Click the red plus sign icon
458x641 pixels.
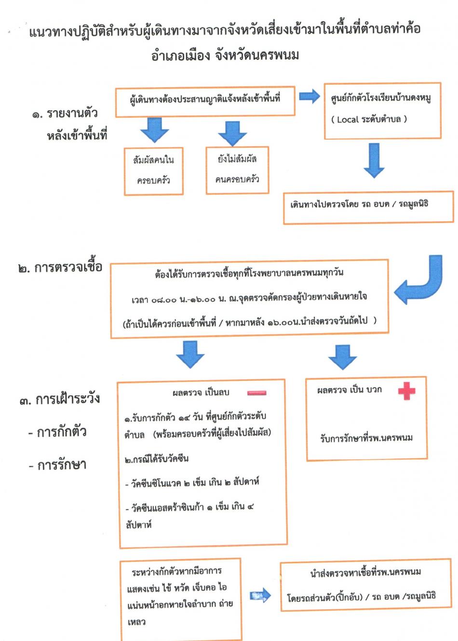click(x=406, y=391)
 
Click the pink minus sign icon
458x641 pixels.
click(x=256, y=393)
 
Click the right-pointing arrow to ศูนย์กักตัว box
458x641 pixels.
click(x=309, y=96)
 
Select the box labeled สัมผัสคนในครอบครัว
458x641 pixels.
click(x=153, y=171)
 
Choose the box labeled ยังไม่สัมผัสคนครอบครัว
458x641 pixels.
click(x=237, y=170)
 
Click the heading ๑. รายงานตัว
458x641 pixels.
click(x=65, y=114)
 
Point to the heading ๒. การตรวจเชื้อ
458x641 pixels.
click(x=61, y=267)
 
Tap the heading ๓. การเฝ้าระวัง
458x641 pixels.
click(x=60, y=399)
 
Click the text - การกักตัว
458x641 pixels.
click(x=57, y=432)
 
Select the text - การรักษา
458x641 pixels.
click(x=57, y=465)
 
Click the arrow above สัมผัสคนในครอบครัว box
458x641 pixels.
click(x=154, y=130)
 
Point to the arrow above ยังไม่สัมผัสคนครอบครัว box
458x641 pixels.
click(x=232, y=132)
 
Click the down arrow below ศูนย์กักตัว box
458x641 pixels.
click(x=374, y=160)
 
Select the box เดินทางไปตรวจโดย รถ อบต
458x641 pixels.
click(x=368, y=207)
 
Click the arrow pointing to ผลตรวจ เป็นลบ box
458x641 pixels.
click(x=190, y=354)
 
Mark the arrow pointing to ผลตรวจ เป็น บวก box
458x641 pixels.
click(x=342, y=356)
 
